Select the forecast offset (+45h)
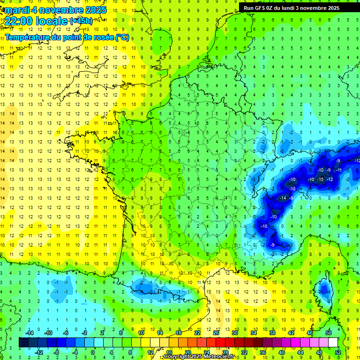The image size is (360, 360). tap(81, 21)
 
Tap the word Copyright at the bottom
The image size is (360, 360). tap(178, 357)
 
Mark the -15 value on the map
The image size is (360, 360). tap(321, 179)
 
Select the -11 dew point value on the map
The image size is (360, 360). tap(338, 170)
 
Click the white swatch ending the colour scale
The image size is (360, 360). tap(333, 343)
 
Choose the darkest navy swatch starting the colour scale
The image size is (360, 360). tap(23, 343)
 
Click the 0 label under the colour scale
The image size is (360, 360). tap(92, 352)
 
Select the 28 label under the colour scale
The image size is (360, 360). tap(225, 352)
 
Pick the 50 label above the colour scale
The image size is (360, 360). tap(328, 333)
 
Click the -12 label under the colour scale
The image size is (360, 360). tap(39, 352)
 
